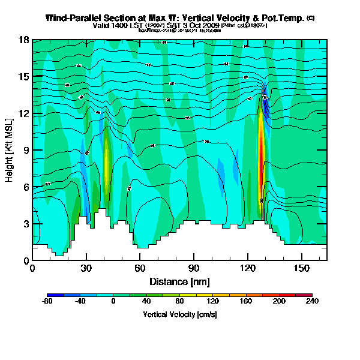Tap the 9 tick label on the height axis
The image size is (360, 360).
click(26, 151)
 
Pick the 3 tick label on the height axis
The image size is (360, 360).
click(26, 224)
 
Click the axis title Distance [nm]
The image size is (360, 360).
click(179, 281)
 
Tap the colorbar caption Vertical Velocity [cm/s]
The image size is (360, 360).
click(179, 314)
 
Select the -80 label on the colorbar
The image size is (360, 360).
click(47, 302)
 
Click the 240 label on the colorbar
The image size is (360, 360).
click(312, 302)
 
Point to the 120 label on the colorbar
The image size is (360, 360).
click(212, 302)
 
